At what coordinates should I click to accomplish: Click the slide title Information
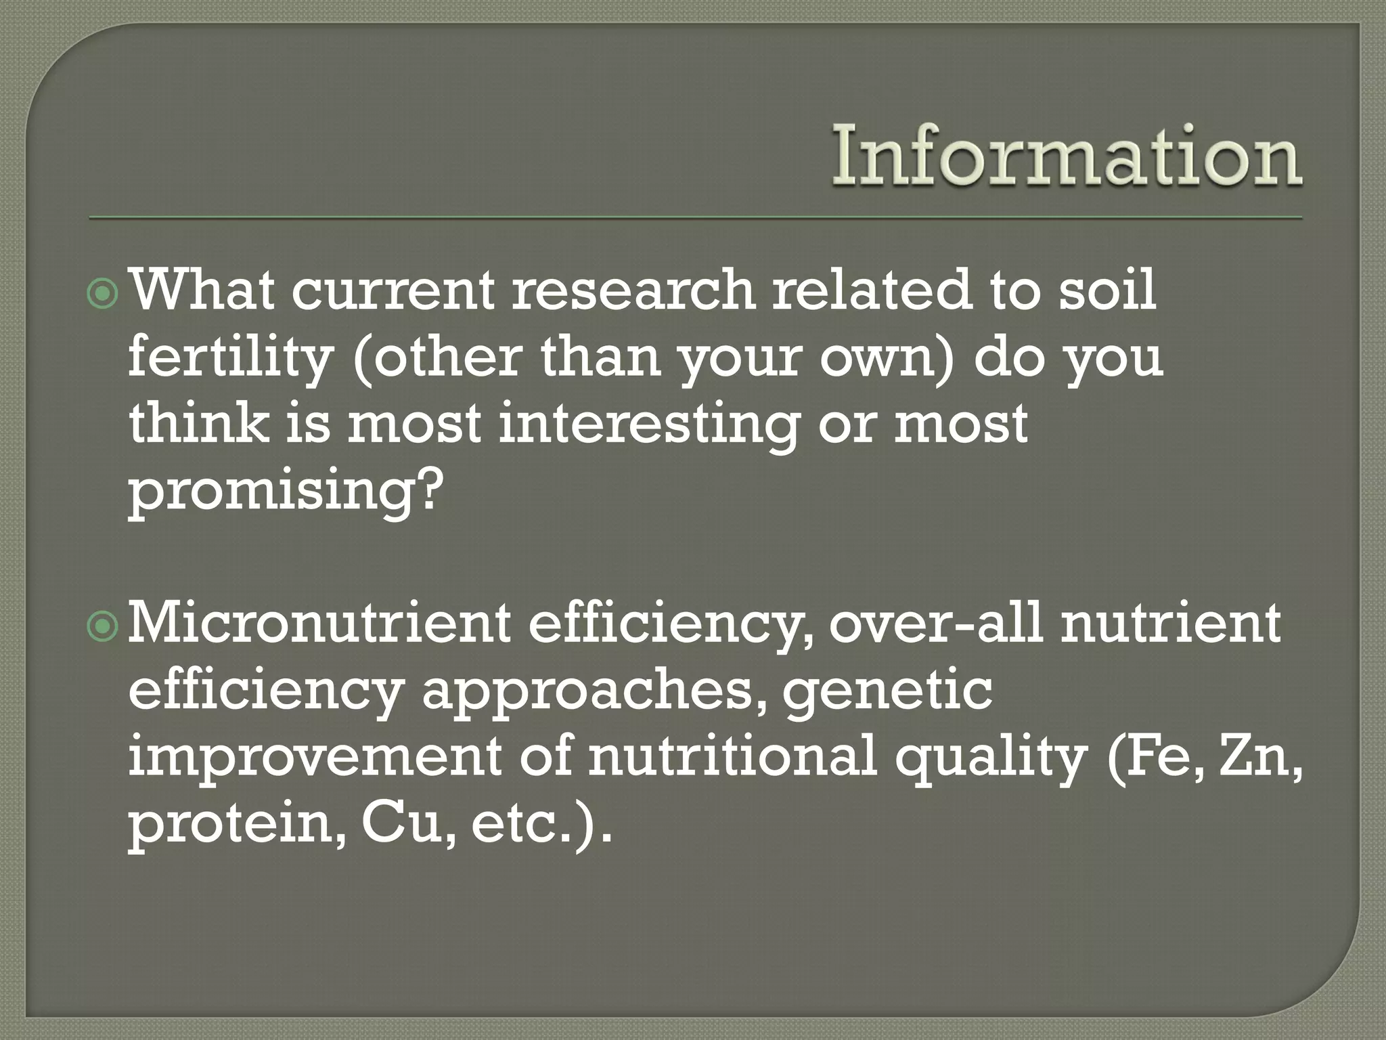(1067, 157)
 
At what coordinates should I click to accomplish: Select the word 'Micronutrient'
(319, 624)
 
